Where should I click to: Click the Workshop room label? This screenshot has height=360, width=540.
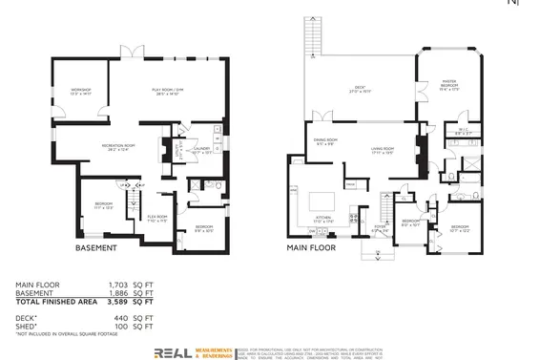coord(79,92)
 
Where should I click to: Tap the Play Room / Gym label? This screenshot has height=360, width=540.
coord(167,92)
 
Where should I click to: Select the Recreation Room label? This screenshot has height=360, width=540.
coord(121,149)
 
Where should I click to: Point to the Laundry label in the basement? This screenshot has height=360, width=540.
coord(200,149)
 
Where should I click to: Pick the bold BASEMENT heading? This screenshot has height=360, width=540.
coord(95,248)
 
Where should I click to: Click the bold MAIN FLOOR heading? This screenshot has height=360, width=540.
coord(310,248)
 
